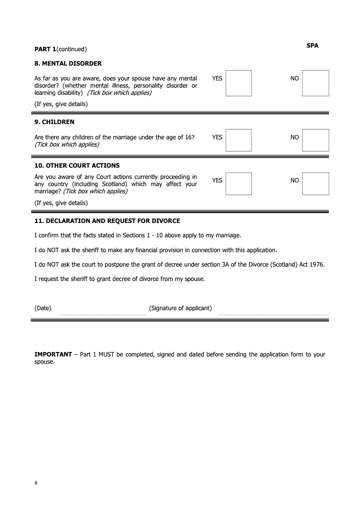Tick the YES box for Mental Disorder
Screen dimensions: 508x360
click(238, 83)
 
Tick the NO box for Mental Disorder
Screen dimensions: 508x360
click(315, 83)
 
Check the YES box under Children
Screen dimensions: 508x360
click(238, 140)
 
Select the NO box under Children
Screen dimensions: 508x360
click(315, 140)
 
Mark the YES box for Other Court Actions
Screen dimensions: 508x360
click(238, 183)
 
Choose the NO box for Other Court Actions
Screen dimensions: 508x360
click(315, 183)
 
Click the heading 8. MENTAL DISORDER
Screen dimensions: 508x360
click(68, 63)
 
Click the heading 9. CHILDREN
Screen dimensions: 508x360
click(54, 122)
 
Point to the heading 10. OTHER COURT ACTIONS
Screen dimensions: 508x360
click(77, 165)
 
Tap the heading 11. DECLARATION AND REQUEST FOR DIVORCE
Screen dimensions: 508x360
click(107, 221)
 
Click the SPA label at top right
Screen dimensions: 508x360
click(312, 45)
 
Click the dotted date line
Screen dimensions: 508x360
click(103, 315)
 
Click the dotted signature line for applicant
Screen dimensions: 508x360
click(274, 315)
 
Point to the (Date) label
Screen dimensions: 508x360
click(43, 308)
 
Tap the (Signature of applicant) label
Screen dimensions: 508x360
click(180, 308)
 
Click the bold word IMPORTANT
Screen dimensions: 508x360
click(53, 354)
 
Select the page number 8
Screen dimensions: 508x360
click(36, 483)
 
